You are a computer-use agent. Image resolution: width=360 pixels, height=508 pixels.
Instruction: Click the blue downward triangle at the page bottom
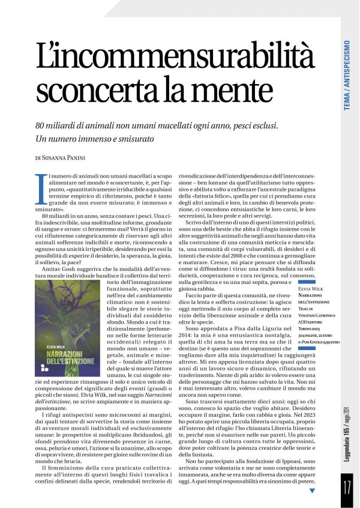coord(312,491)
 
